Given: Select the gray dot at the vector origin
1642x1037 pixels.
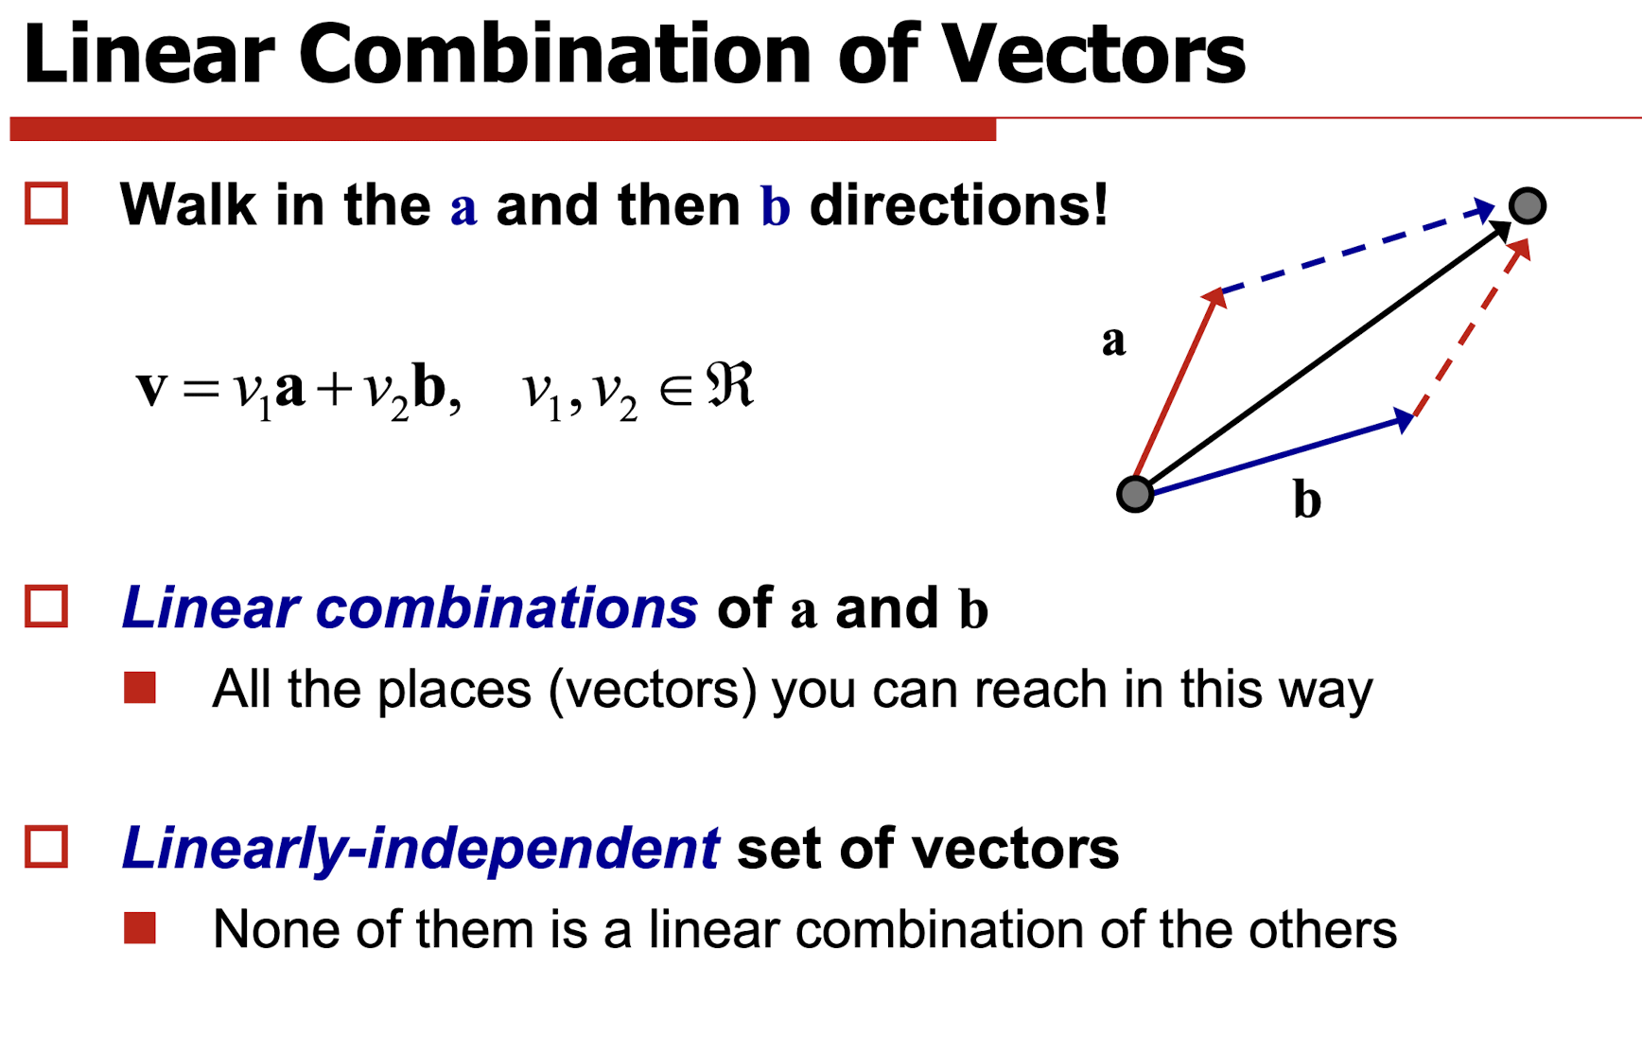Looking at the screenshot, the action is (1135, 494).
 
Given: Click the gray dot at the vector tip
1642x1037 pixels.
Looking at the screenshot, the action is (1528, 205).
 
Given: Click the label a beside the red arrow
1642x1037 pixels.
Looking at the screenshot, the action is (1113, 341).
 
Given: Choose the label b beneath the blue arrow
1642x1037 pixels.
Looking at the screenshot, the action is (1307, 499).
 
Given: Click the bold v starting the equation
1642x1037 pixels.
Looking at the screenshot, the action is (151, 388).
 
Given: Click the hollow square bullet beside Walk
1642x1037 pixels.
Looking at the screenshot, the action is (46, 203).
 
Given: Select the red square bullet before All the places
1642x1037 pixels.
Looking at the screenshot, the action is (140, 688).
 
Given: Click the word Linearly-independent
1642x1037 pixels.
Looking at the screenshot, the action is (420, 848).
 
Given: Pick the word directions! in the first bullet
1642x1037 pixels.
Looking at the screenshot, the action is (958, 204).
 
